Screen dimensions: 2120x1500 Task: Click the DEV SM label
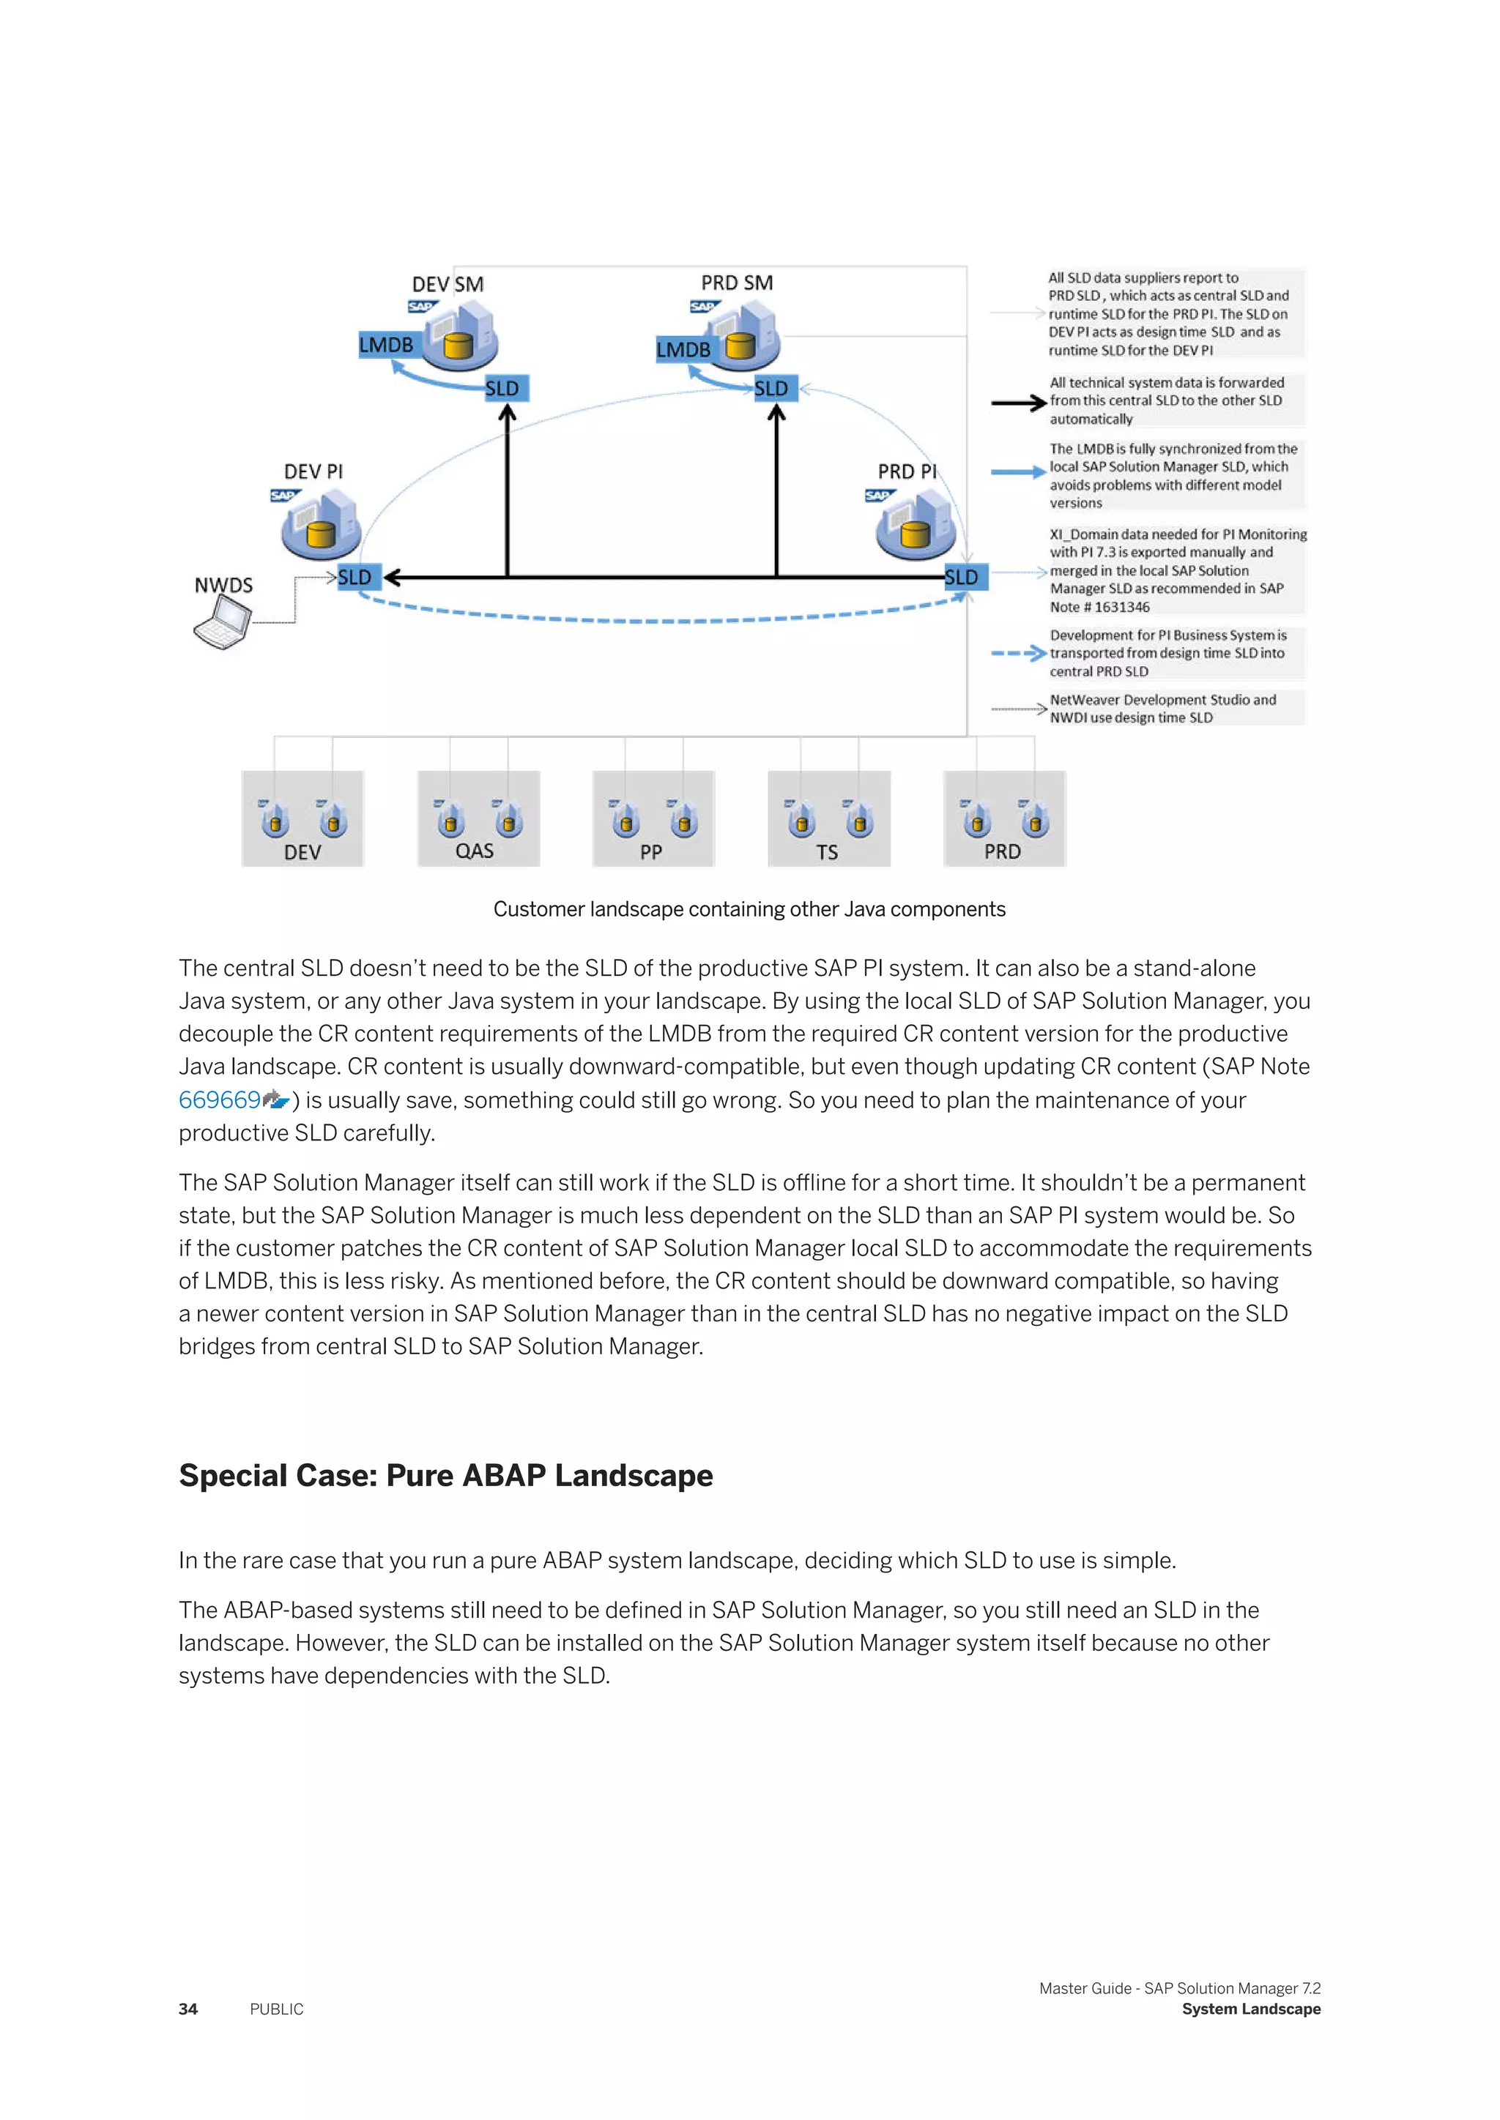(448, 284)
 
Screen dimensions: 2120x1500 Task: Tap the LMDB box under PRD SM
(683, 350)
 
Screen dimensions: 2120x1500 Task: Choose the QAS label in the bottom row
(475, 851)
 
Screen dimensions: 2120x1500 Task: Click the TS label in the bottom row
(827, 852)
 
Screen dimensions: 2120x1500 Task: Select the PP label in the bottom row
(650, 852)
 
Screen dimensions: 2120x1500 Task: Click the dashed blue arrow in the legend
(1018, 654)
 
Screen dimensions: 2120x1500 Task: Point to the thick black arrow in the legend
(1018, 403)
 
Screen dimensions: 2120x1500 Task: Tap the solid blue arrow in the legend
(1018, 472)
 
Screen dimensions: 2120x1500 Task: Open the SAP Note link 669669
(220, 1100)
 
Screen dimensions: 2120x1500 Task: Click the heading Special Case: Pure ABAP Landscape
(445, 1476)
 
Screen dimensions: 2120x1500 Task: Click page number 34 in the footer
(188, 2009)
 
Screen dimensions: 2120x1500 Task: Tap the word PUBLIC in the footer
(276, 2009)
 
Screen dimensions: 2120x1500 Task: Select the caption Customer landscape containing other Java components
(749, 909)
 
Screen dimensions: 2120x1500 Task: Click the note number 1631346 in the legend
(1122, 608)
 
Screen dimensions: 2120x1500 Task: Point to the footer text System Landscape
(1251, 2009)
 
